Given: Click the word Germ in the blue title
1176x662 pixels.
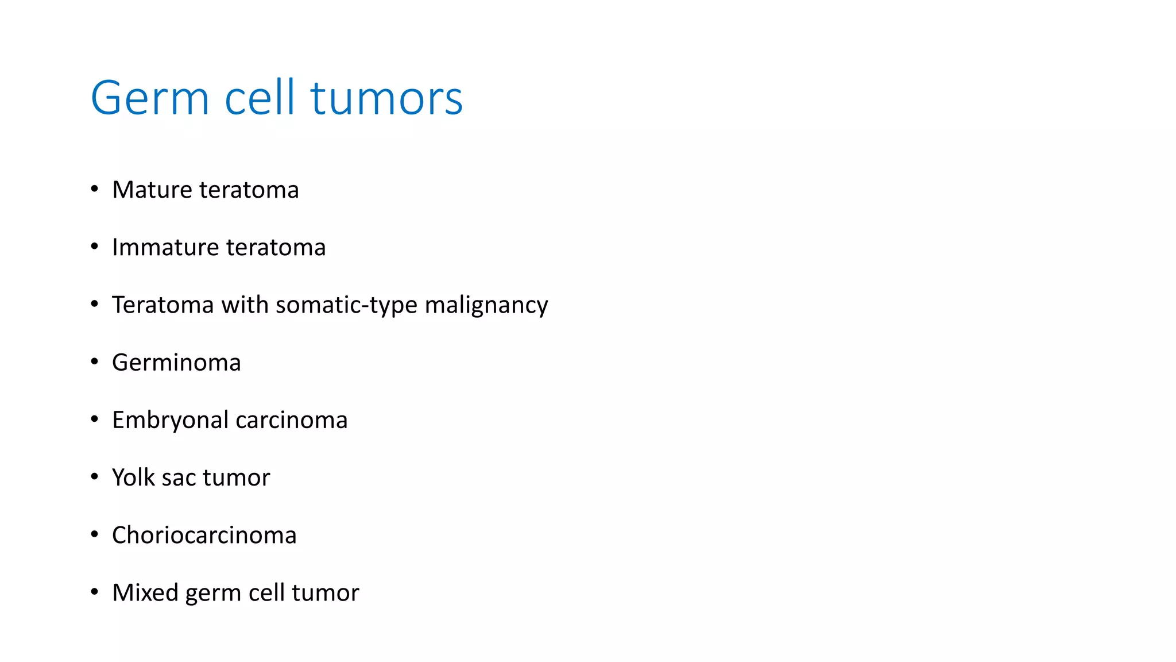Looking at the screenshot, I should [149, 98].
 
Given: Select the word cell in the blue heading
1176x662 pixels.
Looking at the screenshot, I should [260, 98].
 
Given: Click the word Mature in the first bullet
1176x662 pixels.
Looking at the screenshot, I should [152, 190].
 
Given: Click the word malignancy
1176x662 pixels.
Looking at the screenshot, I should [486, 305].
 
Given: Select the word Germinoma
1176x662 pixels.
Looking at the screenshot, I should [176, 363].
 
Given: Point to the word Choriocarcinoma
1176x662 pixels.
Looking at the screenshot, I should [204, 535].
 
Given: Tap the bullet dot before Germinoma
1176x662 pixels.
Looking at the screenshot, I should [95, 361].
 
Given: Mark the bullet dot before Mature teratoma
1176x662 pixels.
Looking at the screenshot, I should [95, 188].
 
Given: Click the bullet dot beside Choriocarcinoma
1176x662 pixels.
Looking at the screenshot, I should [95, 534].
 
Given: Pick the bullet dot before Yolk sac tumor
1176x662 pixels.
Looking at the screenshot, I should [95, 476].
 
